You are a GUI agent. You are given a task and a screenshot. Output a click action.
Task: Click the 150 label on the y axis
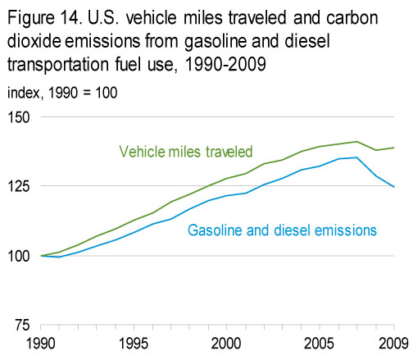click(18, 117)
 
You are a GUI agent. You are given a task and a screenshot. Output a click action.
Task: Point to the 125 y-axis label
click(18, 186)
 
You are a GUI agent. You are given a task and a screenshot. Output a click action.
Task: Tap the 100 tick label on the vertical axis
click(18, 257)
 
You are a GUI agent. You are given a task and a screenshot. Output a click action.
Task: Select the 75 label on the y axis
click(22, 326)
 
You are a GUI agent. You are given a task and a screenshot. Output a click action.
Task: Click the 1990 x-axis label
click(41, 344)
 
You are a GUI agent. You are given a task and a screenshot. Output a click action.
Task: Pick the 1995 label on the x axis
click(134, 344)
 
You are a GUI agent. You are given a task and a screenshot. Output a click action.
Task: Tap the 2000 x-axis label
click(226, 344)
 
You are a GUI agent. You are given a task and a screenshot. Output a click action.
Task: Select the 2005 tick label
click(319, 344)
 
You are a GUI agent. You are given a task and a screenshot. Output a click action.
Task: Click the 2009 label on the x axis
click(393, 344)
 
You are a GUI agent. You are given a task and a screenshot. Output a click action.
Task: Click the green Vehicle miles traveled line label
click(186, 152)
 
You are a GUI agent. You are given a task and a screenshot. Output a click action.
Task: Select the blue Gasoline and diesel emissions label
click(282, 230)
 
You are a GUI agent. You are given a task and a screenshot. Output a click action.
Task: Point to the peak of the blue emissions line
click(356, 157)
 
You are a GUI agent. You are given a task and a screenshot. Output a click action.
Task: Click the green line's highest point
click(356, 142)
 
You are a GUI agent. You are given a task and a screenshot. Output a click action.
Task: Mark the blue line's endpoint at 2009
click(394, 187)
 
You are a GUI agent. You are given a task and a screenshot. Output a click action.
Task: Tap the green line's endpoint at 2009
click(394, 148)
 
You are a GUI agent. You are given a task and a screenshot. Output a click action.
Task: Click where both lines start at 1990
click(41, 256)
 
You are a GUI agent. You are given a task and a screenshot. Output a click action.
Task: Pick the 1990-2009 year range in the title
click(225, 65)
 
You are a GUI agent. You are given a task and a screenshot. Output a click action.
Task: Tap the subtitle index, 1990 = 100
click(62, 93)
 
